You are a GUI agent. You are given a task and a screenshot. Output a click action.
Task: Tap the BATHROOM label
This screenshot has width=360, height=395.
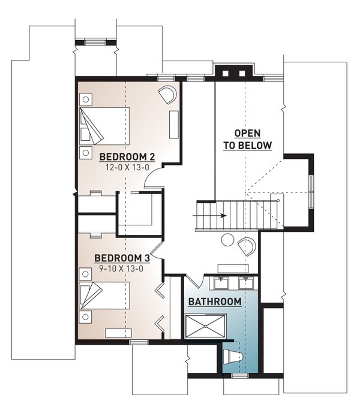(215, 301)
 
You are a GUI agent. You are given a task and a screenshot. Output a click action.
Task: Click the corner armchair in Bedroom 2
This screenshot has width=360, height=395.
(167, 94)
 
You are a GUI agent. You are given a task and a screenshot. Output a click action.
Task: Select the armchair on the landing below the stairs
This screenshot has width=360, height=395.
(246, 245)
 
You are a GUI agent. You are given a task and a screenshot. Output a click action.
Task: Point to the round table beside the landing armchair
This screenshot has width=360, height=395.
(228, 240)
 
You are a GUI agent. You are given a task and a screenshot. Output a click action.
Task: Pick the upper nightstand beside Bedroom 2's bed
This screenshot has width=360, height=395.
(86, 99)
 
